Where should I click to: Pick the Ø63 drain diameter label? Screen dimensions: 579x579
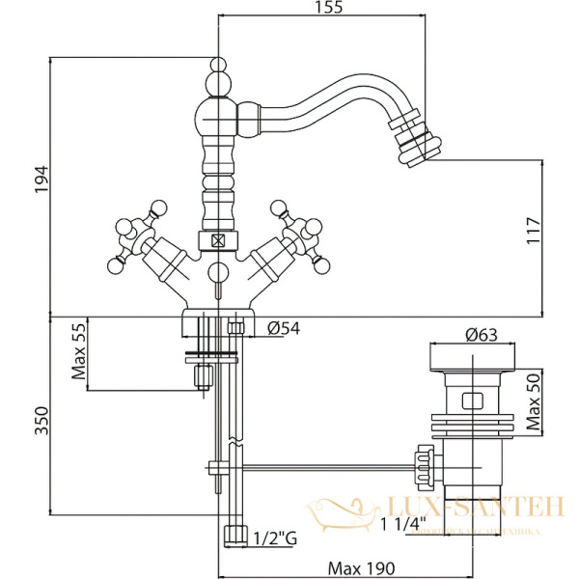click(480, 336)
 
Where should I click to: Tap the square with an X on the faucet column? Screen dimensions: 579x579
click(219, 242)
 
